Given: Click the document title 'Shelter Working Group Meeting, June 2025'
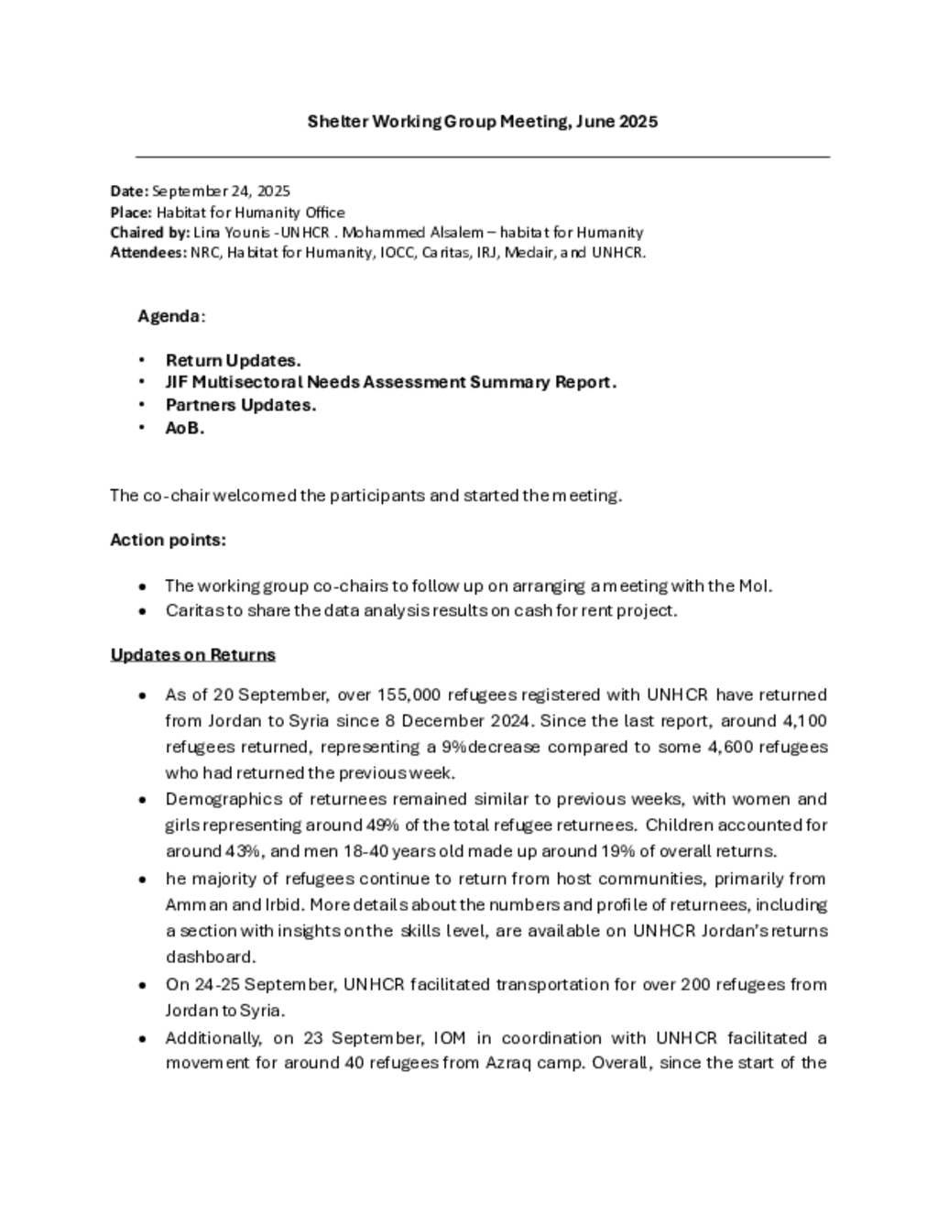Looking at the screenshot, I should click(x=482, y=122).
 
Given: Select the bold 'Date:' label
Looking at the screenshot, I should click(x=129, y=191).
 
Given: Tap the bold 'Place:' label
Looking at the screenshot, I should click(x=131, y=213).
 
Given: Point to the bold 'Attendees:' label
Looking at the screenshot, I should click(x=148, y=253).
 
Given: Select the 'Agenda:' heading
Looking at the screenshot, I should click(x=171, y=316).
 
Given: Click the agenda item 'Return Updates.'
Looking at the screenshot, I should click(x=233, y=361).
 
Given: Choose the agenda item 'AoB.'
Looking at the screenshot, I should click(x=184, y=428).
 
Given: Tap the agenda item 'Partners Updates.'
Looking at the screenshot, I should click(x=240, y=405).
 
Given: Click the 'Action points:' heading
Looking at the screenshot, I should click(x=168, y=541).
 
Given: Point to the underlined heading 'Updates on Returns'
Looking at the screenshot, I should click(x=192, y=655).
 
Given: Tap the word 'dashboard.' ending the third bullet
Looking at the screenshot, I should click(x=210, y=957).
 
